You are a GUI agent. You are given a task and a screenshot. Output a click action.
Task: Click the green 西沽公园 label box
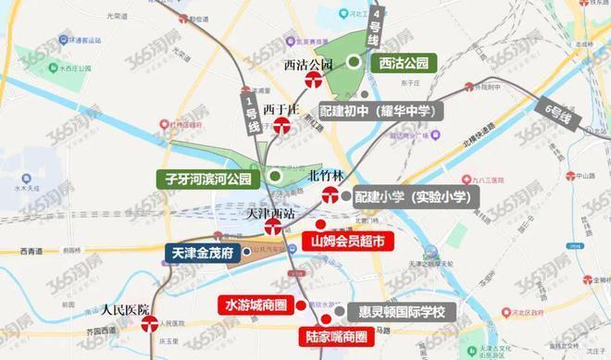pyautogui.click(x=404, y=63)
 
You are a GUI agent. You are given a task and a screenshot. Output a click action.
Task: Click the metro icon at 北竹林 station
pyautogui.click(x=330, y=194)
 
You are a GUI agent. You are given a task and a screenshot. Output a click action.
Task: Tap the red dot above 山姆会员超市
pyautogui.click(x=320, y=224)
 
